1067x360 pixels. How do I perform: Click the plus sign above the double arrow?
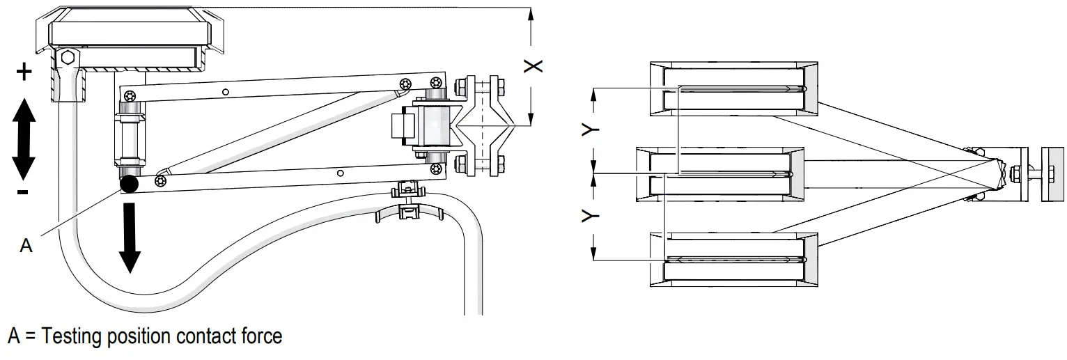point(24,72)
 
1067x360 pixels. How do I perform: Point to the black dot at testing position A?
point(129,184)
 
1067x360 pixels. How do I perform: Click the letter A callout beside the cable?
point(26,246)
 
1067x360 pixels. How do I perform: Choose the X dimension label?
point(533,65)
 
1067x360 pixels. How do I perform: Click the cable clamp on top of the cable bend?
point(408,199)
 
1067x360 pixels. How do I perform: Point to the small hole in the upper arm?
point(225,92)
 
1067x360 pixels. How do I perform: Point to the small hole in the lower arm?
point(340,172)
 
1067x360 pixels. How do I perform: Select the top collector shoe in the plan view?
point(733,88)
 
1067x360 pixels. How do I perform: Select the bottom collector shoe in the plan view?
point(733,259)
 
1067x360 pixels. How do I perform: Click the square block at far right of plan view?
point(1052,174)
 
